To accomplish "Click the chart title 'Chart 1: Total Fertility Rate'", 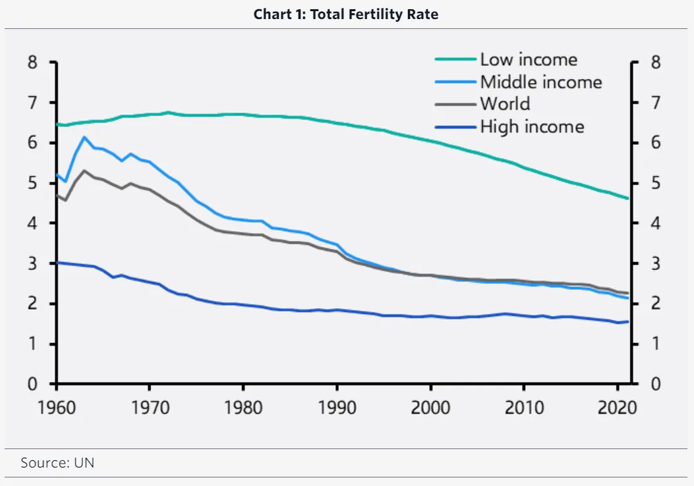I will tap(346, 14).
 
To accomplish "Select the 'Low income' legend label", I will tap(528, 60).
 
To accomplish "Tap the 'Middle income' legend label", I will tap(540, 82).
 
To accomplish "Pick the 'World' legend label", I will tap(504, 104).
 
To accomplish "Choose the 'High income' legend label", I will tap(531, 126).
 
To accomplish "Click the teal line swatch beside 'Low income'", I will tap(455, 60).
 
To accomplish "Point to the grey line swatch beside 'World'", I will tap(455, 104).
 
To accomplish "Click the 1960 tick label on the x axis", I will tap(56, 407).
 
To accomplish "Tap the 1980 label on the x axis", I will tap(243, 407).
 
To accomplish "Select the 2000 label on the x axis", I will tap(430, 407).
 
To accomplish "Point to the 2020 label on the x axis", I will tap(617, 407).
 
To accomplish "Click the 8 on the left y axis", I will tap(33, 63).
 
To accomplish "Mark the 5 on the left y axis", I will tap(33, 184).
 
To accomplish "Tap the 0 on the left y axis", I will tap(33, 384).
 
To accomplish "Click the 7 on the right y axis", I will tap(655, 103).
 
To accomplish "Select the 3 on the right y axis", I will tap(655, 264).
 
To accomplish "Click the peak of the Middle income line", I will tap(84, 137).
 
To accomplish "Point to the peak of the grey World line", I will tap(84, 171).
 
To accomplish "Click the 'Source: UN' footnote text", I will tap(57, 463).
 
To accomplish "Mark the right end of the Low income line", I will tap(628, 198).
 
